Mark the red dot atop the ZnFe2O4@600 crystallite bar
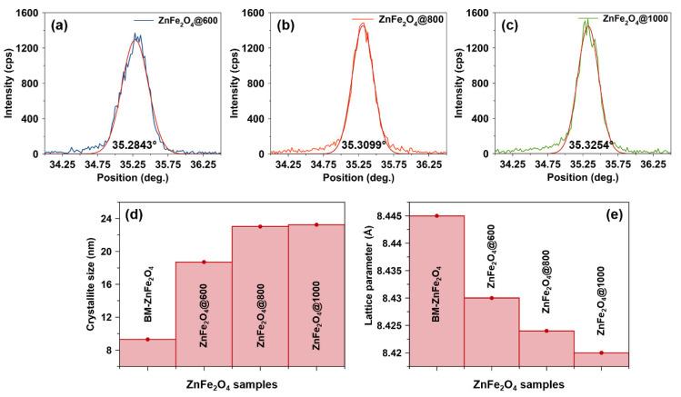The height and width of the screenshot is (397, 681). (x=204, y=262)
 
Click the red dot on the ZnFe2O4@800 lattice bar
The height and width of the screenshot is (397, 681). (x=548, y=331)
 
